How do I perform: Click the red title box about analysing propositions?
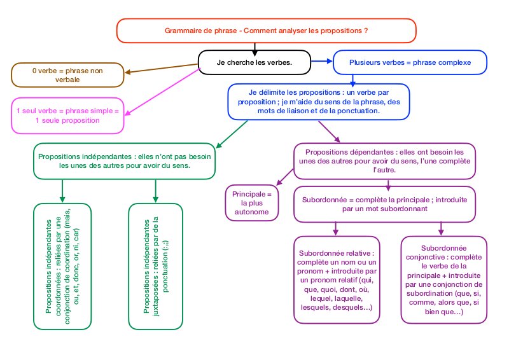(x=266, y=30)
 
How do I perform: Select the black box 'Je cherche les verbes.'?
(x=254, y=62)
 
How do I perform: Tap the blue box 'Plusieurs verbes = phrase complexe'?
(x=410, y=62)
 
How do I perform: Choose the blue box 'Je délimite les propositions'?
(x=319, y=101)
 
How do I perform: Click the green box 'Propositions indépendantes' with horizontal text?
(x=124, y=160)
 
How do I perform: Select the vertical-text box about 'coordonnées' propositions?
(x=62, y=267)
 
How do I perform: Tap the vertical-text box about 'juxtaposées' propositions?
(x=155, y=267)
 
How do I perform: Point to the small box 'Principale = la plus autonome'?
(x=251, y=203)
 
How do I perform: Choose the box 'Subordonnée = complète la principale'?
(x=384, y=203)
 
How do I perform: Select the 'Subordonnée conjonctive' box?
(x=444, y=278)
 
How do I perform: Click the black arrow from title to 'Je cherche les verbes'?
(x=254, y=46)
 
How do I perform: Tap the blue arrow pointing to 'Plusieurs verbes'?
(x=323, y=62)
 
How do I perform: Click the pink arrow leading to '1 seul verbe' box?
(x=162, y=92)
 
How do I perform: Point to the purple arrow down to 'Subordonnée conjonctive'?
(x=441, y=228)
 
